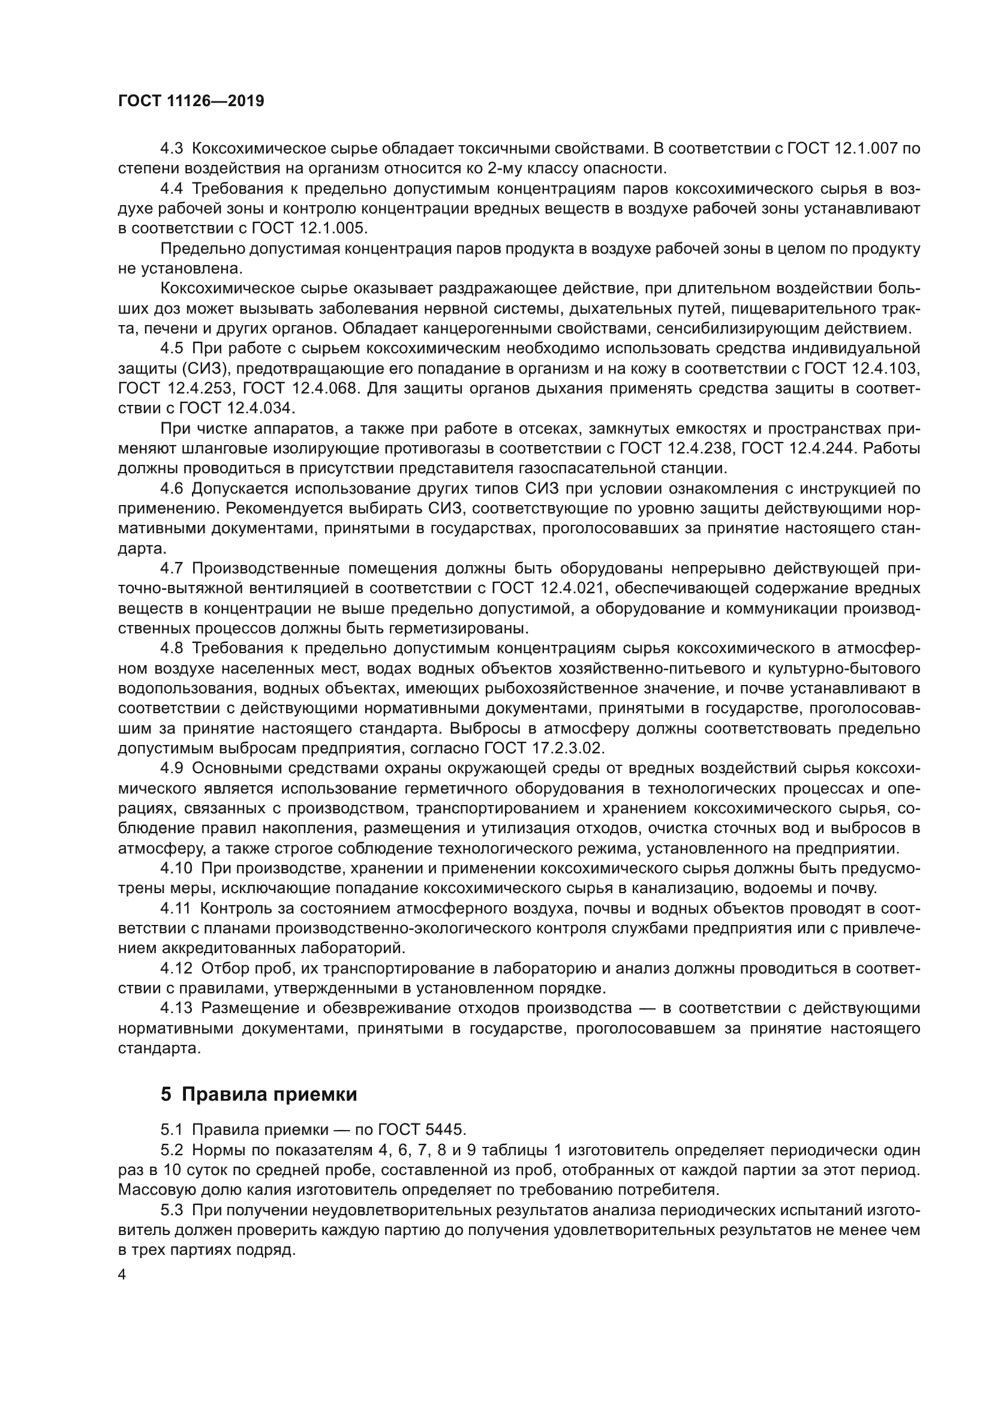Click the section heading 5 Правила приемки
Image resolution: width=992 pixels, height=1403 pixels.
pyautogui.click(x=258, y=1094)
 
